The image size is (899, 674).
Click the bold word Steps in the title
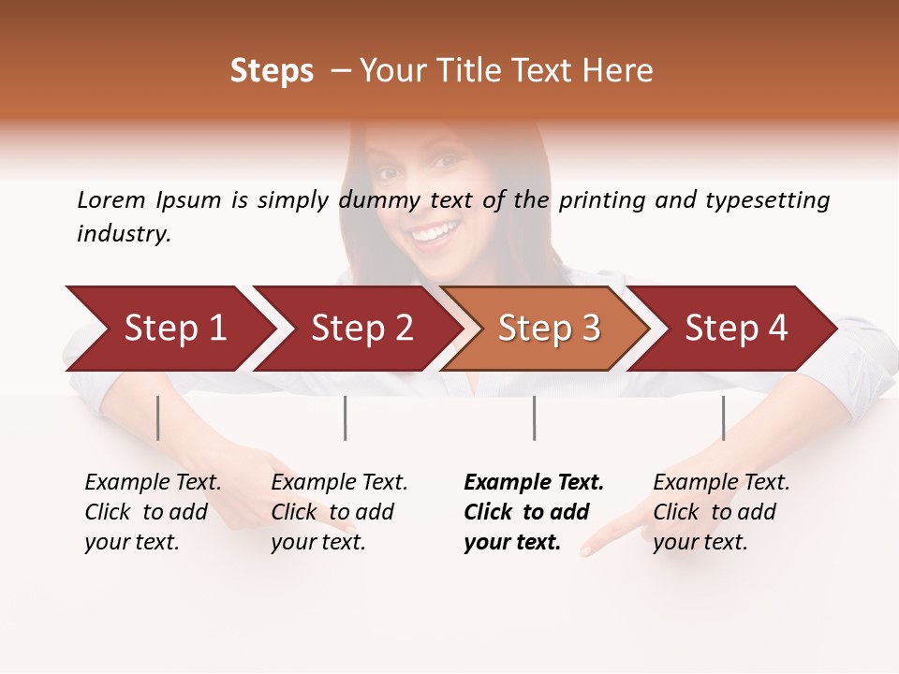click(x=272, y=71)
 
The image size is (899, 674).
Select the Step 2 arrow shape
click(x=361, y=329)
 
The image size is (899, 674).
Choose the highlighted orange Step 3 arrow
click(x=549, y=329)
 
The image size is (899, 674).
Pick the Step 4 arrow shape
click(x=736, y=329)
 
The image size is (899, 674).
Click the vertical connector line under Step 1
click(x=158, y=418)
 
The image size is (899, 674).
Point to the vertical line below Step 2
click(x=346, y=418)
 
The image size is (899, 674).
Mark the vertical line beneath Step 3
click(x=535, y=418)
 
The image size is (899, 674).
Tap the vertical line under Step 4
click(x=724, y=418)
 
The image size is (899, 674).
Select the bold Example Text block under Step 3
click(x=534, y=512)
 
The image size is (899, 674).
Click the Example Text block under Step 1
click(x=153, y=512)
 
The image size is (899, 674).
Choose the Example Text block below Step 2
click(x=339, y=512)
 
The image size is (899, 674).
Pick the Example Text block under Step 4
click(x=721, y=512)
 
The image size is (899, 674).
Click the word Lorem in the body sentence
click(x=111, y=199)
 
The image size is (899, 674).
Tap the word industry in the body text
click(x=123, y=234)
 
